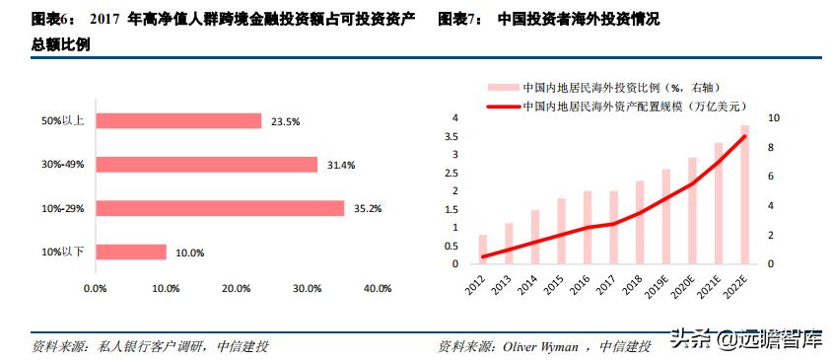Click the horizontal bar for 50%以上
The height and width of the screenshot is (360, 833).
click(x=177, y=120)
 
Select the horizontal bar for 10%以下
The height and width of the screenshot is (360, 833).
click(x=130, y=252)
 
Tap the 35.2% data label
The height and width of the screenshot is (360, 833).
click(x=368, y=208)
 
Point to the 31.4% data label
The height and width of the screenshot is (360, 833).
click(x=341, y=165)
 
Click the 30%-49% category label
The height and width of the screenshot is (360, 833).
click(x=63, y=165)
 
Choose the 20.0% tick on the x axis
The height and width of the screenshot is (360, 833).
click(x=236, y=289)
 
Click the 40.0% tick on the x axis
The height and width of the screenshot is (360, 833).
click(x=377, y=289)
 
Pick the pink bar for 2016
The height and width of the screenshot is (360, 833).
click(x=588, y=228)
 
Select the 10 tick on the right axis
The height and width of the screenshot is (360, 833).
click(x=773, y=118)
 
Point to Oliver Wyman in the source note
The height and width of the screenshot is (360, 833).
click(x=543, y=347)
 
